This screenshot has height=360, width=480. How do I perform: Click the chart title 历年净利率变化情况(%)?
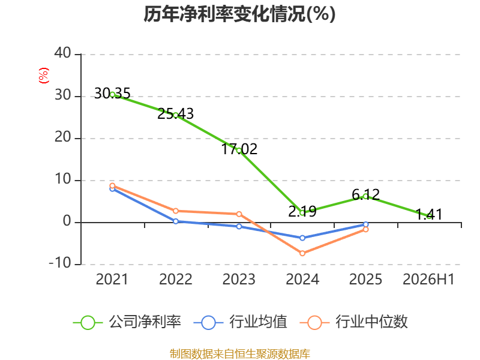pyautogui.click(x=239, y=14)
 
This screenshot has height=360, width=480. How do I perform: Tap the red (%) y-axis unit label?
pyautogui.click(x=44, y=76)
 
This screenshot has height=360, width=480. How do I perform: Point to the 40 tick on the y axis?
pyautogui.click(x=63, y=53)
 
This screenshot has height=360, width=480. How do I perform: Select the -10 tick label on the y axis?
pyautogui.click(x=61, y=263)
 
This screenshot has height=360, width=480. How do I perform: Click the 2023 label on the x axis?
pyautogui.click(x=239, y=279)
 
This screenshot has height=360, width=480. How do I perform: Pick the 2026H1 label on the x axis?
pyautogui.click(x=428, y=279)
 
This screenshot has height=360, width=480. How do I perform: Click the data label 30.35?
pyautogui.click(x=112, y=94)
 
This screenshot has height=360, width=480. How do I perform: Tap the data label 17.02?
pyautogui.click(x=239, y=149)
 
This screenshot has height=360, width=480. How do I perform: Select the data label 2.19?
pyautogui.click(x=302, y=211)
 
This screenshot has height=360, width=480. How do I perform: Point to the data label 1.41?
pyautogui.click(x=429, y=214)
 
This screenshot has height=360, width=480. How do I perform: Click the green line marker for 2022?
pyautogui.click(x=176, y=115)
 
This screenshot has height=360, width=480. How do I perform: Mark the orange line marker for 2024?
pyautogui.click(x=302, y=253)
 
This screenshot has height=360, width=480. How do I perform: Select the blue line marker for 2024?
pyautogui.click(x=302, y=238)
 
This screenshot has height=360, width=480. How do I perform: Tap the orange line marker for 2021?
pyautogui.click(x=112, y=186)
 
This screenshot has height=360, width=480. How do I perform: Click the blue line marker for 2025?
pyautogui.click(x=366, y=224)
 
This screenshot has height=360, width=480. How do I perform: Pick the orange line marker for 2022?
pyautogui.click(x=176, y=211)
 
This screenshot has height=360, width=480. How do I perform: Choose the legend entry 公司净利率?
pyautogui.click(x=127, y=322)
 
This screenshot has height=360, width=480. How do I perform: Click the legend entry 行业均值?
pyautogui.click(x=241, y=322)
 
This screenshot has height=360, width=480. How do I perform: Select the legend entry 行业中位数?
pyautogui.click(x=353, y=322)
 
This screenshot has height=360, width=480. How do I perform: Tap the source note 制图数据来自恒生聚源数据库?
pyautogui.click(x=239, y=354)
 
